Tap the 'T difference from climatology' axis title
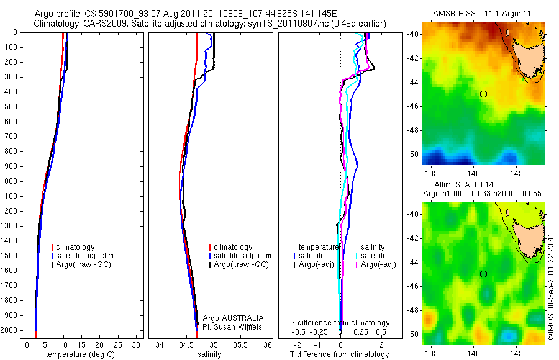339,354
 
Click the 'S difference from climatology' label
340,323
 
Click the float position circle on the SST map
483,94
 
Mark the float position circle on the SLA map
483,274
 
